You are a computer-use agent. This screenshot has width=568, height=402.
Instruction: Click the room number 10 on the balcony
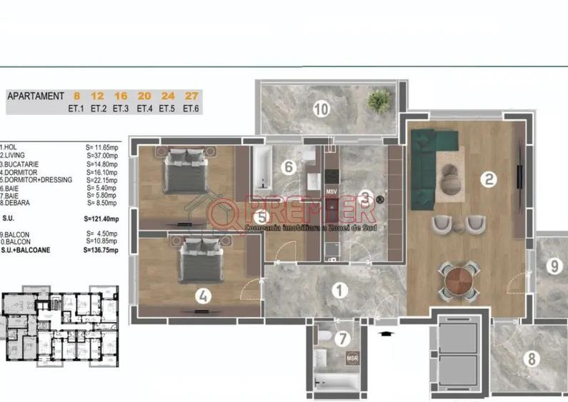[x=321, y=109]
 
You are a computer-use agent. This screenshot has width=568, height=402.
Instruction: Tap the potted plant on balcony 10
[x=378, y=102]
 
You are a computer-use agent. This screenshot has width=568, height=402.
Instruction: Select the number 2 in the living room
[x=489, y=180]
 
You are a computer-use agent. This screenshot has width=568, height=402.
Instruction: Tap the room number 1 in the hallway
[x=340, y=290]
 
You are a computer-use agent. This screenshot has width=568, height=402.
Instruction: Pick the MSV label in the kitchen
[x=332, y=192]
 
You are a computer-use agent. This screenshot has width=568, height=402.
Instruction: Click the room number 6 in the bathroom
[x=288, y=168]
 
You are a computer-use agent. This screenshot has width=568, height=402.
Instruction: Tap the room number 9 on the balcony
[x=554, y=267]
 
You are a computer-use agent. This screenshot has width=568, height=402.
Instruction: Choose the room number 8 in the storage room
[x=531, y=358]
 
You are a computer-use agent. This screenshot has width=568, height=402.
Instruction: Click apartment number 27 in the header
[x=190, y=96]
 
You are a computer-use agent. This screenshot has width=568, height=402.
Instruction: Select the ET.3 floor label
[x=120, y=109]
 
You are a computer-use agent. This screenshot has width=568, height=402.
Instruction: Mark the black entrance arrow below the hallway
[x=385, y=332]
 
